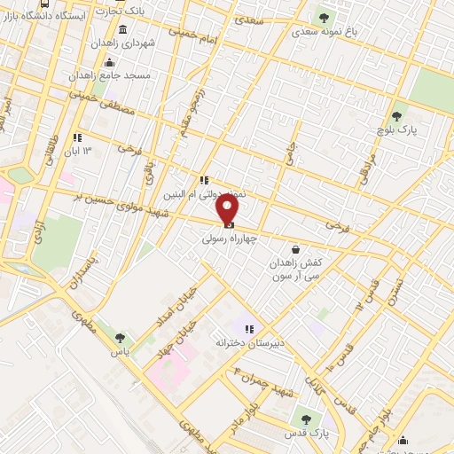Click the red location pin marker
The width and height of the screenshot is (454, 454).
tap(228, 209)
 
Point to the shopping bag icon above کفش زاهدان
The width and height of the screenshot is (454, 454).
tap(308, 250)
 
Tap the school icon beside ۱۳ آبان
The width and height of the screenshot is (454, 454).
tap(77, 137)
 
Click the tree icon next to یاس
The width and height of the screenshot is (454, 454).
tap(120, 339)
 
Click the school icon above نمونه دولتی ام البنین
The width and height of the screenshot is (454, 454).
tap(204, 180)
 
